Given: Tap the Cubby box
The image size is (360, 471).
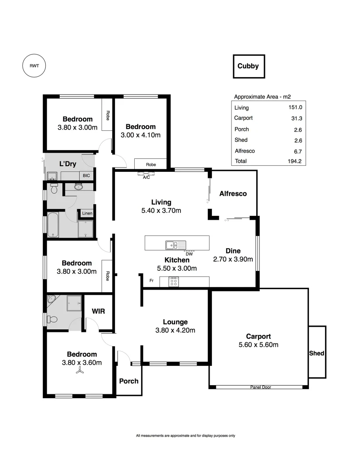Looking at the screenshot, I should tap(248, 66).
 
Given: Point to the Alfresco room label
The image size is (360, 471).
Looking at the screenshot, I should tap(233, 193).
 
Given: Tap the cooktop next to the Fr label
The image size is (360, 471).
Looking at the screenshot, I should tap(173, 282).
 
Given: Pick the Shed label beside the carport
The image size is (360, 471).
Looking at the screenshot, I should tap(316, 353).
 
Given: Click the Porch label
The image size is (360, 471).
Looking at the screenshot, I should tap(129, 381).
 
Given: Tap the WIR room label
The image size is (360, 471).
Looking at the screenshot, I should tap(98, 311).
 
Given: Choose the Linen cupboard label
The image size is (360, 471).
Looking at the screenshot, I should tap(87, 213).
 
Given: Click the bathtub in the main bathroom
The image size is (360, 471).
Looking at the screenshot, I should tap(55, 225).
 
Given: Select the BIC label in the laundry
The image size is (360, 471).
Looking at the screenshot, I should tap(87, 175).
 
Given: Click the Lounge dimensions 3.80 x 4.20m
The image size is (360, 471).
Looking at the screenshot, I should tap(175, 330).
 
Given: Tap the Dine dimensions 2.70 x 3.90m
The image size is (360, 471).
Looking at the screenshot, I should tap(233, 259).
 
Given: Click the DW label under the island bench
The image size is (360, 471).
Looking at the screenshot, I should tap(189, 254).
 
